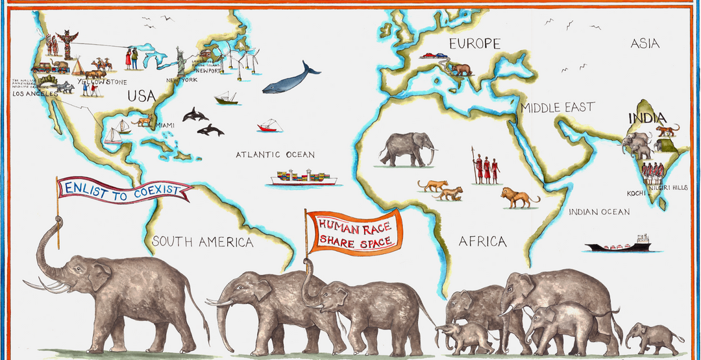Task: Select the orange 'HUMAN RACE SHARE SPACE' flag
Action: (x=354, y=233)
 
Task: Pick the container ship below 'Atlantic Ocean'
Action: (x=304, y=178)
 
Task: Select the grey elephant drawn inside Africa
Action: (x=406, y=149)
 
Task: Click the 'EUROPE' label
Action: (x=474, y=44)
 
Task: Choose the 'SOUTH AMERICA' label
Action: (x=203, y=243)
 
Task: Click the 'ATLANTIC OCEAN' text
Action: (x=275, y=155)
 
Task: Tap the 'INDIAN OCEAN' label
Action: (x=599, y=212)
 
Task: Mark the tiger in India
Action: (x=667, y=131)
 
